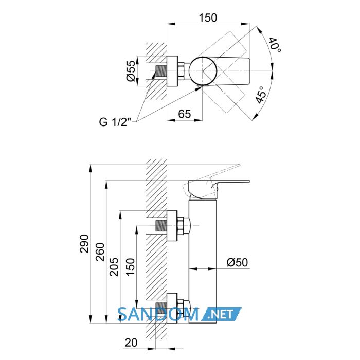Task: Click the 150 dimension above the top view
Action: (208, 17)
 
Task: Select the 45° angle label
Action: (261, 95)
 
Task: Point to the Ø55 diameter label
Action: (131, 71)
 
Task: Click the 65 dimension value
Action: (184, 114)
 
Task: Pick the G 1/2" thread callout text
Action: (115, 122)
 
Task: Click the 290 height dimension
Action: (84, 244)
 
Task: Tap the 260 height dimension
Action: (100, 252)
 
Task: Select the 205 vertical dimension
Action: (114, 267)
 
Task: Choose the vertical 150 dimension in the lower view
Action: (130, 267)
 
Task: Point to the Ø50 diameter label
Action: (238, 262)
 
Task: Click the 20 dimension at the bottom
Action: (131, 343)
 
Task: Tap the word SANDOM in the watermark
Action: (158, 314)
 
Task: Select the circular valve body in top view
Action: (203, 71)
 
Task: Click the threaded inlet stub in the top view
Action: (161, 71)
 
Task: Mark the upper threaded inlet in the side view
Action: (161, 226)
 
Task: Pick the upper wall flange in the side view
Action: (172, 226)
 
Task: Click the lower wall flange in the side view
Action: (172, 309)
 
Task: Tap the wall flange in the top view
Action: (172, 71)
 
